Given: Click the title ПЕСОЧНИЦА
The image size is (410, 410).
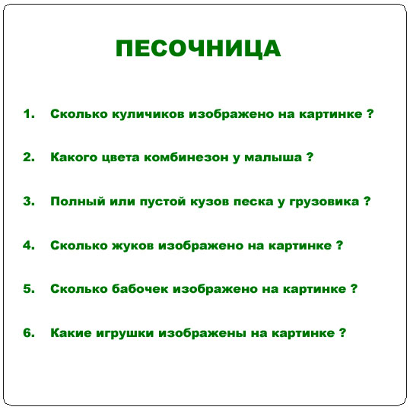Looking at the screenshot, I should point(198,49).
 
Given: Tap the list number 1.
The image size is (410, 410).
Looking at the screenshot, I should point(29,114).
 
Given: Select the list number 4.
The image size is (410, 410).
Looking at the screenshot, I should point(29,246).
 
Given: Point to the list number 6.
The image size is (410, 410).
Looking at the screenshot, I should point(29,333).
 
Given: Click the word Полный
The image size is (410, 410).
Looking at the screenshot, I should point(73,202).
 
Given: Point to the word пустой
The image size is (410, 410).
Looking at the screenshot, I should point(154,202).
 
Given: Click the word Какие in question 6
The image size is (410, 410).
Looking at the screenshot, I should point(69,333).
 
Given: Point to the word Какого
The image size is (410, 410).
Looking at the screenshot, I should point(72,158).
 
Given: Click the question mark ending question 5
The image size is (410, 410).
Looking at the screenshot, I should point(354,289).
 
